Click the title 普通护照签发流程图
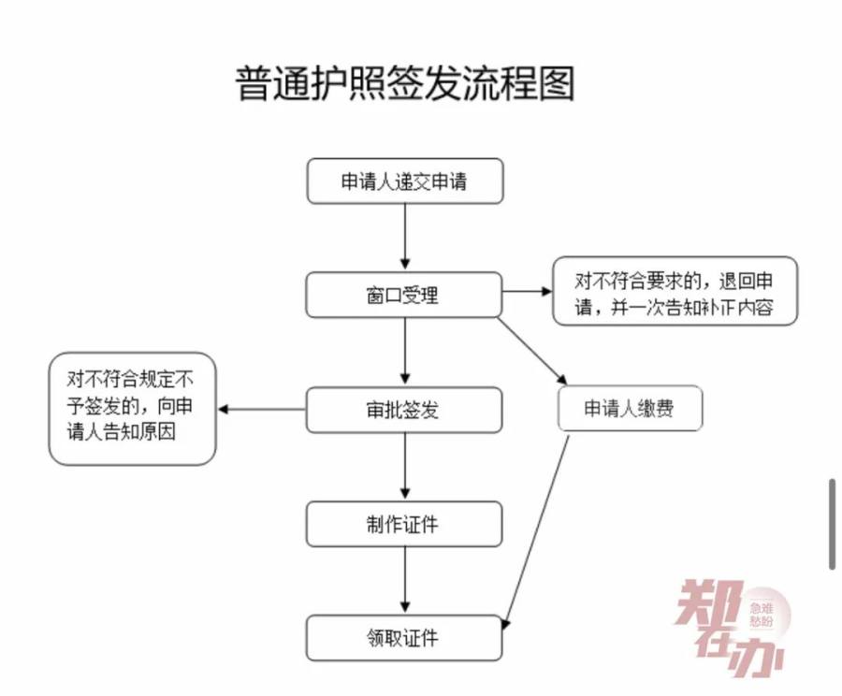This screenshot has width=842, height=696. (404, 83)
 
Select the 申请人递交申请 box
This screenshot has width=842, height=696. (404, 181)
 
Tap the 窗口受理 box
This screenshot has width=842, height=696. (404, 295)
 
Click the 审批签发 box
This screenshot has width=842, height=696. (404, 410)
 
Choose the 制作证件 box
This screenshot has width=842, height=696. (404, 524)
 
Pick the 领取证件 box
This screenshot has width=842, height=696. (404, 639)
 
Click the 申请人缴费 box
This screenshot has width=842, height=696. (629, 409)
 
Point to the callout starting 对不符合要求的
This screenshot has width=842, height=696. (675, 292)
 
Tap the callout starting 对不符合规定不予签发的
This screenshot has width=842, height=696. (132, 408)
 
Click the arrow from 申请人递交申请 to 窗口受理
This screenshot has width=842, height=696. (404, 238)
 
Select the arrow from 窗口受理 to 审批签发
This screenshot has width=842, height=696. (404, 352)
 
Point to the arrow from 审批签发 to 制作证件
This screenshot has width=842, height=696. (404, 467)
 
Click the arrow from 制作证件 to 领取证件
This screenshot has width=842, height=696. (404, 581)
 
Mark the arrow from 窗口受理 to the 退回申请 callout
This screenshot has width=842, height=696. (527, 292)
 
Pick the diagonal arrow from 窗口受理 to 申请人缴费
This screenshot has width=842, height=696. (531, 351)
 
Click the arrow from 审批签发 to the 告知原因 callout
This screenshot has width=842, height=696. (262, 409)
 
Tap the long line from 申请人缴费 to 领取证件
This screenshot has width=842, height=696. (538, 529)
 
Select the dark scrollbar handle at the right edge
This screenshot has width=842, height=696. (832, 524)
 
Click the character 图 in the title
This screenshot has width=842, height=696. (555, 83)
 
